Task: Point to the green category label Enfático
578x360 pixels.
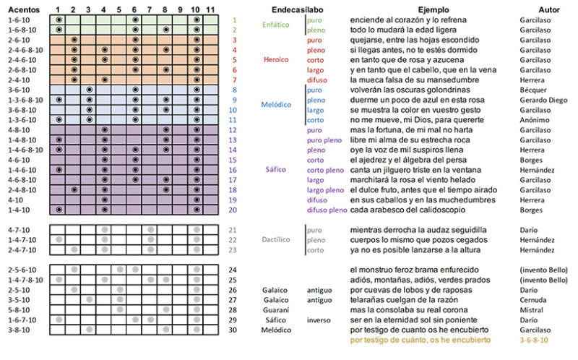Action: point(275,25)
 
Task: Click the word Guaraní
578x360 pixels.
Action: point(277,309)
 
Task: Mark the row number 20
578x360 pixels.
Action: point(232,210)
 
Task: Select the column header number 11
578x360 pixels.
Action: point(210,8)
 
